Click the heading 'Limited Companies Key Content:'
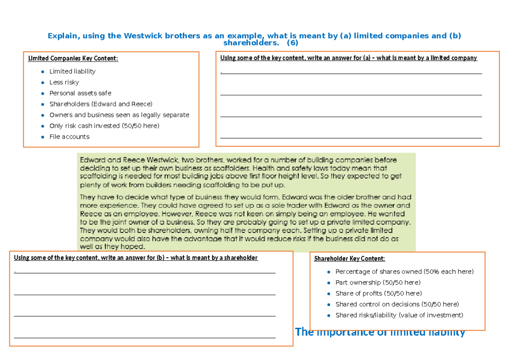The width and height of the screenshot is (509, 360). click(x=73, y=59)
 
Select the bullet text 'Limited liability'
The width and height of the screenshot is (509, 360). click(x=72, y=71)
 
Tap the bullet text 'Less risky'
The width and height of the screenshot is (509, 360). click(x=64, y=82)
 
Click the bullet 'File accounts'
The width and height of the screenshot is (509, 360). click(x=69, y=137)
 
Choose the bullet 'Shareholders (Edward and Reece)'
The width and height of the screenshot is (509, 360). click(x=101, y=104)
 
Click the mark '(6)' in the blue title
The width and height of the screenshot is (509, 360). click(x=292, y=43)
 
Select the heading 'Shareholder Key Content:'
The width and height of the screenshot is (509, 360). click(x=350, y=259)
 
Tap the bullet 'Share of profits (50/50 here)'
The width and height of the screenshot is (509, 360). click(x=378, y=293)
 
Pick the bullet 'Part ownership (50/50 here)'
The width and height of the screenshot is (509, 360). click(x=378, y=282)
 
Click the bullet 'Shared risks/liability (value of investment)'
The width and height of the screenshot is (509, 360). click(x=399, y=315)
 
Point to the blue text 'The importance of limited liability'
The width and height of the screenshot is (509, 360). click(x=380, y=332)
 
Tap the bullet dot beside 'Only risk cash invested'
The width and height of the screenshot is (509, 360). click(x=42, y=126)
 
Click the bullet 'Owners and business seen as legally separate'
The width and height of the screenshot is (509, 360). click(x=119, y=115)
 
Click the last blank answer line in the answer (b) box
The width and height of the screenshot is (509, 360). click(x=145, y=338)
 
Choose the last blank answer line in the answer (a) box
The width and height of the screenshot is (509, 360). click(x=351, y=138)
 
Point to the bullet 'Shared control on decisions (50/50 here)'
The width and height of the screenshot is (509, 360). click(x=397, y=304)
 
